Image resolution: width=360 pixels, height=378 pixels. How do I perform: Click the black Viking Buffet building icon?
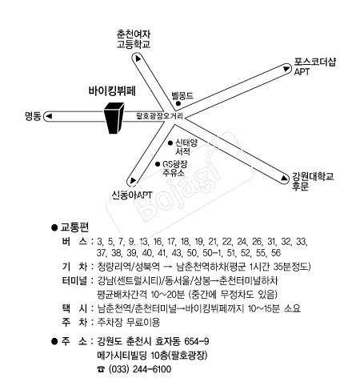pyautogui.click(x=114, y=118)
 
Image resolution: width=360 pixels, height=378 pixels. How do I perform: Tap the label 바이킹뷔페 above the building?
pyautogui.click(x=112, y=90)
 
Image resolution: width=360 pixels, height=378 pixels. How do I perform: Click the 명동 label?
pyautogui.click(x=33, y=116)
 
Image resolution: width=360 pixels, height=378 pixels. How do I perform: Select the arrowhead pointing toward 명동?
pyautogui.click(x=49, y=116)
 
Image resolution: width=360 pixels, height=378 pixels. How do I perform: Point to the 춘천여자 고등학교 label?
pyautogui.click(x=134, y=39)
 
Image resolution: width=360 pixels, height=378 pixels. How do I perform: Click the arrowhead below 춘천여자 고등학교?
pyautogui.click(x=138, y=58)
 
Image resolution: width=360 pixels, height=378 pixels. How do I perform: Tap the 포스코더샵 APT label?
pyautogui.click(x=314, y=66)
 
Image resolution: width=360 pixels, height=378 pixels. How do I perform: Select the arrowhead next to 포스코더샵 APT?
pyautogui.click(x=286, y=69)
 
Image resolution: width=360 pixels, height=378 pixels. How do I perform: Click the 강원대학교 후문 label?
pyautogui.click(x=313, y=181)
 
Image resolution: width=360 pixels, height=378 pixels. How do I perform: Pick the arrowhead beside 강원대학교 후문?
pyautogui.click(x=285, y=178)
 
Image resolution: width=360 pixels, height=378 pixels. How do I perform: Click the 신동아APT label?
pyautogui.click(x=132, y=195)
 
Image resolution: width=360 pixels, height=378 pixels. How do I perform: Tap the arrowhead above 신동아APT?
pyautogui.click(x=133, y=180)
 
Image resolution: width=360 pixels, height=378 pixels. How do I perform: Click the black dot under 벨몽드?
pyautogui.click(x=178, y=103)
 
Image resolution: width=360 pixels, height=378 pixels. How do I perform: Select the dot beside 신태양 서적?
pyautogui.click(x=170, y=143)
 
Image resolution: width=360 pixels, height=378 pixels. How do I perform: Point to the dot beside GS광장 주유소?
pyautogui.click(x=158, y=164)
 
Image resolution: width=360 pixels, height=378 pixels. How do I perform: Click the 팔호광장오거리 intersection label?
pyautogui.click(x=159, y=116)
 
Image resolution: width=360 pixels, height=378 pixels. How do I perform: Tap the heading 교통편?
pyautogui.click(x=74, y=227)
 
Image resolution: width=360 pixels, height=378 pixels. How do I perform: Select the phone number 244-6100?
pyautogui.click(x=152, y=369)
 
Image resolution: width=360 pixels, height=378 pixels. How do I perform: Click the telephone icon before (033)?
pyautogui.click(x=101, y=369)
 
